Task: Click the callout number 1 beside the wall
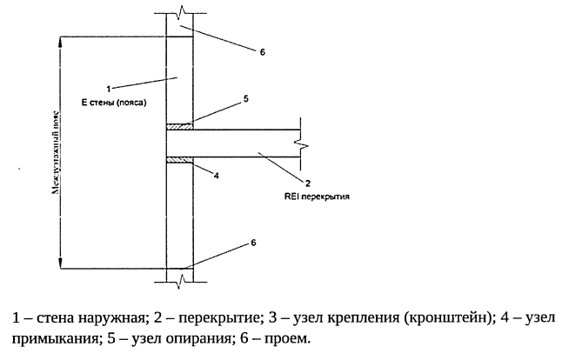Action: [107, 88]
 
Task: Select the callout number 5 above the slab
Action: [246, 99]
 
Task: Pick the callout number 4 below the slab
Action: [215, 175]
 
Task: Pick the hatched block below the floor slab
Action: [179, 158]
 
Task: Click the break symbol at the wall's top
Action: [179, 13]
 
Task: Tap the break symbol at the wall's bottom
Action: [179, 279]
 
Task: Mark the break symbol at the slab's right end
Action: [298, 142]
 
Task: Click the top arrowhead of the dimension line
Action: [60, 40]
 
